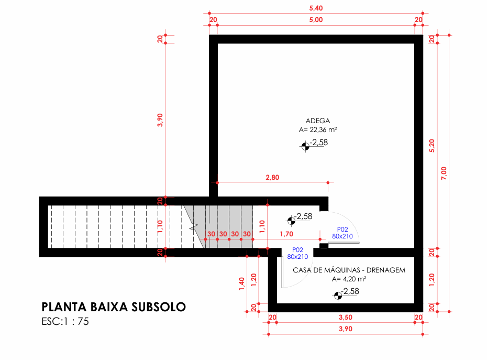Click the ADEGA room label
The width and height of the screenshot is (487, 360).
coord(318,121)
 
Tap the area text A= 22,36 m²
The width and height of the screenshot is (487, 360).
coord(318,129)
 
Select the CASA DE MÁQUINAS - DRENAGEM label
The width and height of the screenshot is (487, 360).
coord(349,270)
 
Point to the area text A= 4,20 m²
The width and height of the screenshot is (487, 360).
coord(349,279)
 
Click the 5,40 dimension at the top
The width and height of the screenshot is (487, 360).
coord(316,8)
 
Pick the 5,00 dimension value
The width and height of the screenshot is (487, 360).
coord(316,19)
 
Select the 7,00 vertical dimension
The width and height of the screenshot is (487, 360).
coord(444,173)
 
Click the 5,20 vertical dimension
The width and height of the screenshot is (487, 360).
coord(431,146)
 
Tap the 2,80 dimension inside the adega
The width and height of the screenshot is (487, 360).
coord(272,177)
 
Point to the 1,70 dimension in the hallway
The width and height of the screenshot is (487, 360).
coord(286,234)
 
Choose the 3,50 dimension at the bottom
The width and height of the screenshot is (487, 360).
coord(346,317)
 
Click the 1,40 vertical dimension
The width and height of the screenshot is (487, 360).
coord(241,284)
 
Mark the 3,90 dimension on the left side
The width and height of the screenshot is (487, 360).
coord(160,120)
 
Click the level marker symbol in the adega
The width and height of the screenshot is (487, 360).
coord(305,146)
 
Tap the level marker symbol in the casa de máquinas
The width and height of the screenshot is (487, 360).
coord(338,296)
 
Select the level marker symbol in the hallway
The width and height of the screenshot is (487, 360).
coord(291,221)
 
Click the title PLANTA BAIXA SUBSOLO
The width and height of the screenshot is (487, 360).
coord(114,307)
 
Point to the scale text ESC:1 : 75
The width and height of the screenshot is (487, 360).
coord(65,321)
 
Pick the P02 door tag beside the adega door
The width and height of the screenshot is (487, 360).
coord(342,233)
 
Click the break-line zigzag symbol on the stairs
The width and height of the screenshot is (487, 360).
coord(194,226)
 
